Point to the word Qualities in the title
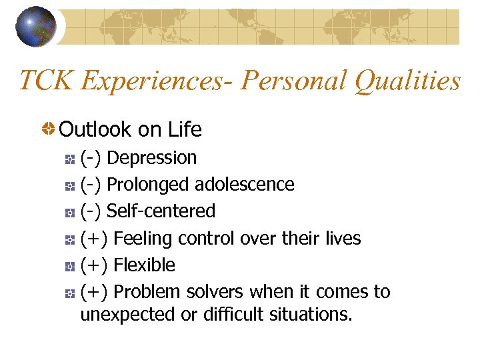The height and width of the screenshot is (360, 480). (x=407, y=81)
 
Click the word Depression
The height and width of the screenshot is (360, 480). (x=151, y=158)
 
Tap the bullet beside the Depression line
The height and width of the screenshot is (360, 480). (x=69, y=159)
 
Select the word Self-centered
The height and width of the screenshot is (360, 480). (x=161, y=211)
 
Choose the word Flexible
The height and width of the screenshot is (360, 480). (x=144, y=265)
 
